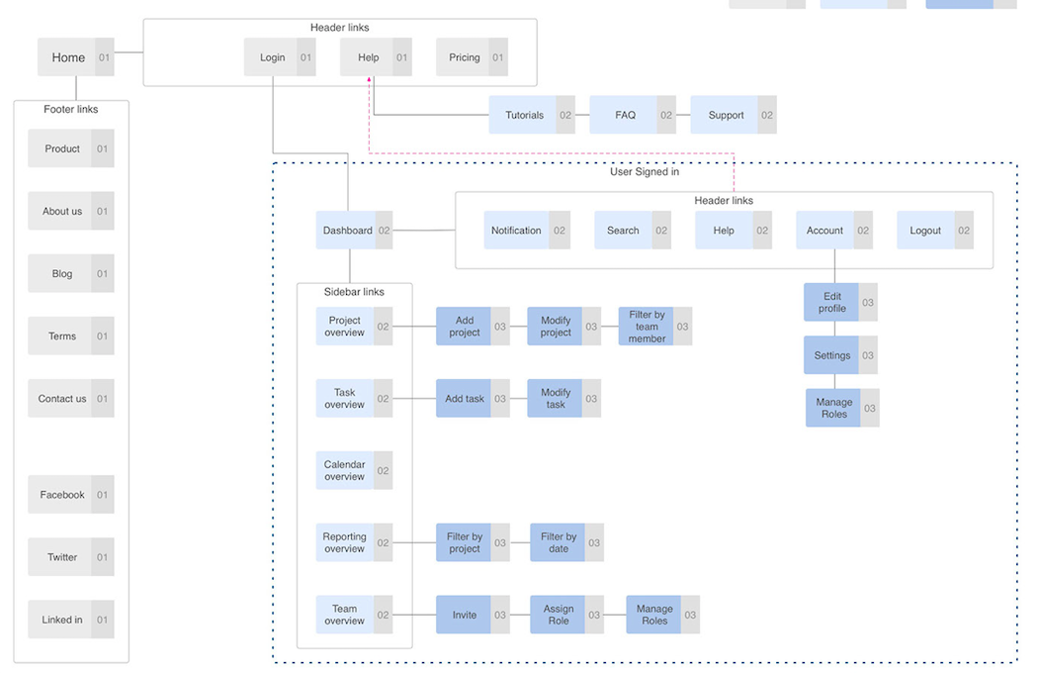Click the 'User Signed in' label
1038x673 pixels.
645,172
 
